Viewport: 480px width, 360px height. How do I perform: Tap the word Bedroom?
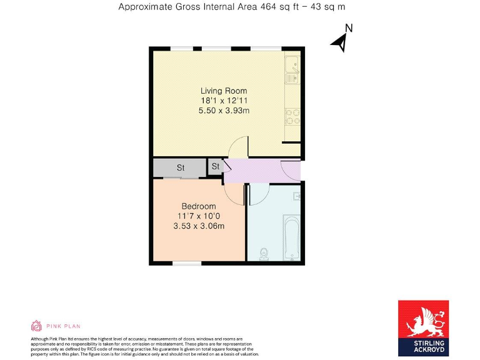(199, 206)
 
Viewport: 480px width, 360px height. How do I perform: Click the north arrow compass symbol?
(341, 40)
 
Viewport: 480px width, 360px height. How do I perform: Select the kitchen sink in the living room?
(292, 69)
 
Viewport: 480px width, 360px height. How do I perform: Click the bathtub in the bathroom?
(292, 237)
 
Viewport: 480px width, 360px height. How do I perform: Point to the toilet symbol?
(264, 253)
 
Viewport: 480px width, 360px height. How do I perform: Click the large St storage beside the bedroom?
(180, 167)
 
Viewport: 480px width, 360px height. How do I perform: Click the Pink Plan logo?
(56, 326)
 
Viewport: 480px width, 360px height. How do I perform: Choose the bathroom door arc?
(258, 194)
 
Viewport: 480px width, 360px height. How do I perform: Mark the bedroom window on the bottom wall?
(186, 263)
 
